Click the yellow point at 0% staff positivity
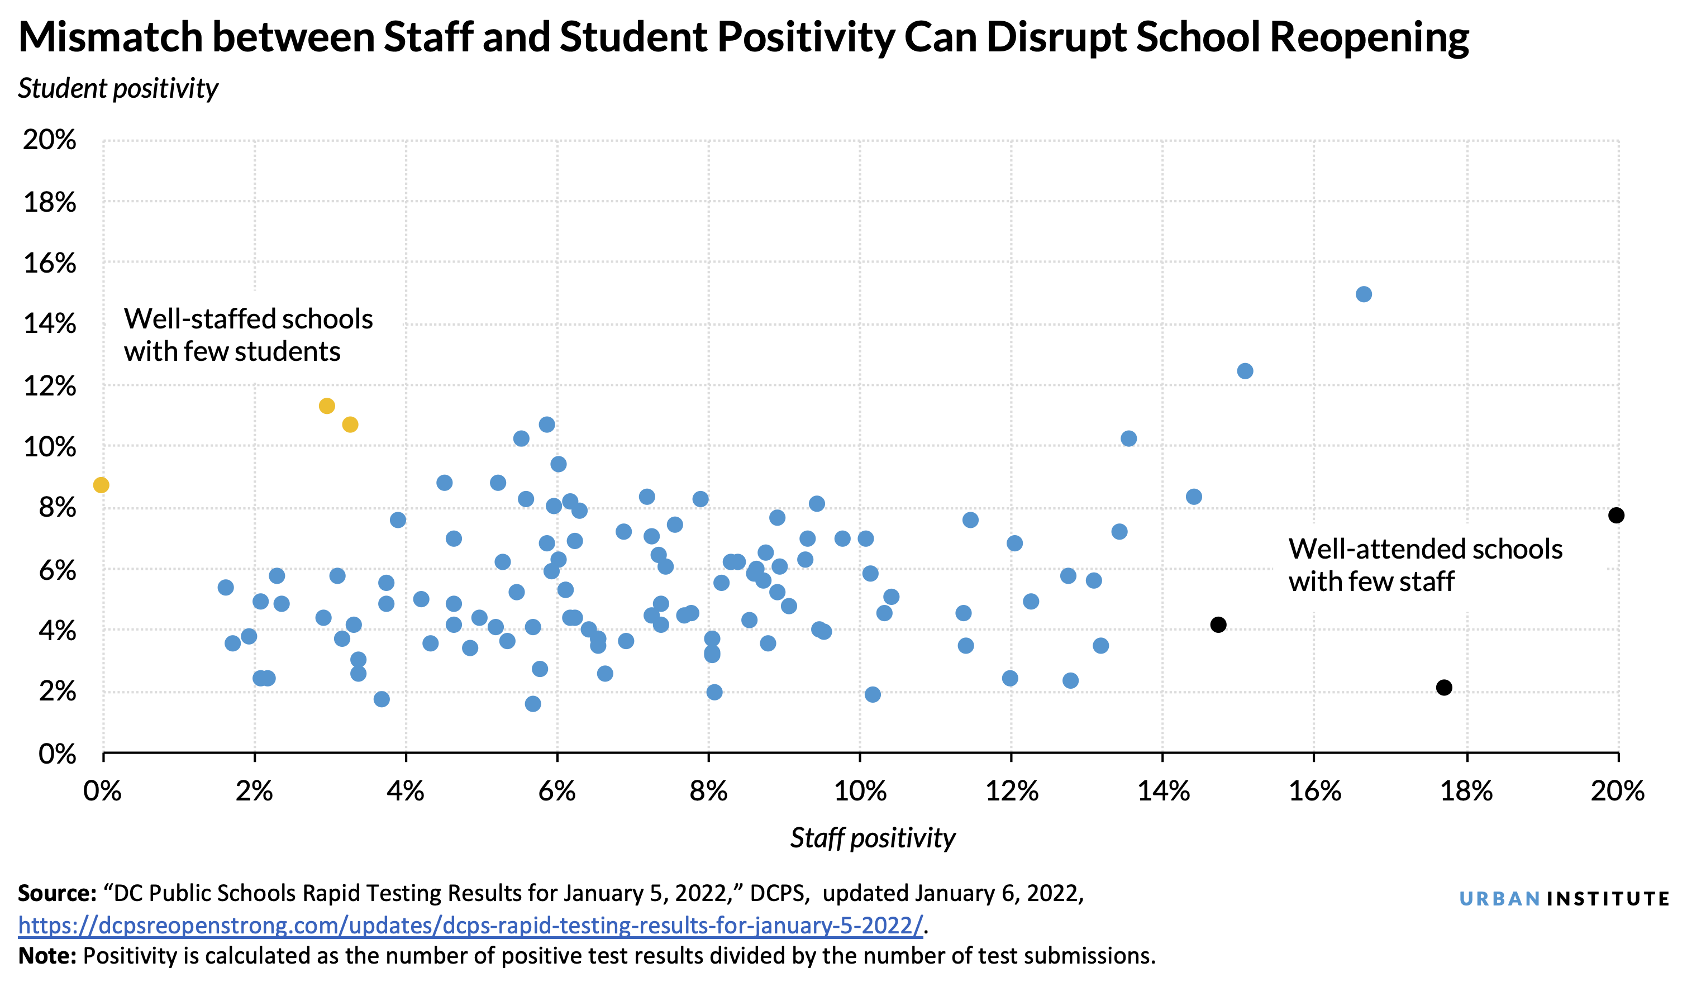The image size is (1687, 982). (x=101, y=485)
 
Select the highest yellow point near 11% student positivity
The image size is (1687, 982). (x=327, y=406)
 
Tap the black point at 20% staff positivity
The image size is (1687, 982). (x=1616, y=515)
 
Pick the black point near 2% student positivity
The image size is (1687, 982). (x=1444, y=688)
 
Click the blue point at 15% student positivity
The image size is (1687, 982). (x=1364, y=294)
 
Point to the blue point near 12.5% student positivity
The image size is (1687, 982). (x=1245, y=371)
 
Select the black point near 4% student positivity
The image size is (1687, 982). (x=1218, y=625)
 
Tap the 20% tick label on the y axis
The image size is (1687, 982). (x=50, y=140)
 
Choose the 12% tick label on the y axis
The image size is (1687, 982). (x=50, y=386)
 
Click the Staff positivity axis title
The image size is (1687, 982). (x=873, y=838)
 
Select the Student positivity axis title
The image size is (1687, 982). (x=118, y=88)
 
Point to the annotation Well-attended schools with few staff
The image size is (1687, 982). (x=1424, y=565)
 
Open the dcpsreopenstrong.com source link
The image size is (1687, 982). (x=470, y=925)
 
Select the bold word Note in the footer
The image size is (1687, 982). (x=47, y=956)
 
